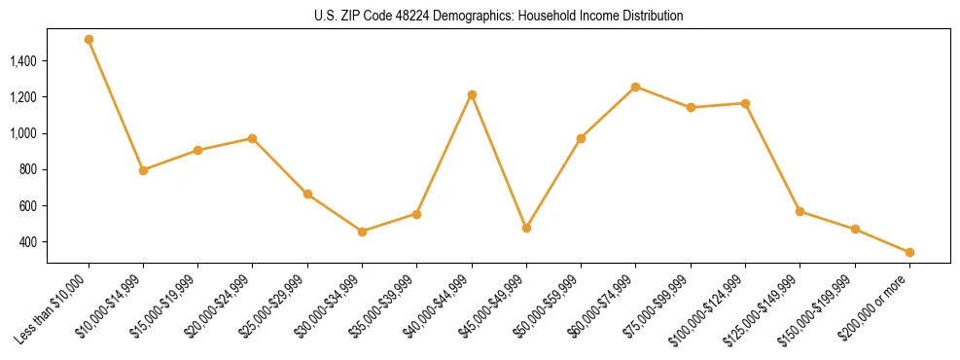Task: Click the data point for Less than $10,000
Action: [x=89, y=40]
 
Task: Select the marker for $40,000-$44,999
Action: [x=472, y=94]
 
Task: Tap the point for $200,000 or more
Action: [x=909, y=252]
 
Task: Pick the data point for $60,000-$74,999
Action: [x=635, y=87]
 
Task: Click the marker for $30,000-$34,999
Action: [x=362, y=232]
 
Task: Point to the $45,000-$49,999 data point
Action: [x=526, y=228]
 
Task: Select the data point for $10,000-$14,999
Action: [x=143, y=170]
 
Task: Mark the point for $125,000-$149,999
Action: [x=800, y=211]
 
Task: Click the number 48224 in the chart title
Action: [x=391, y=16]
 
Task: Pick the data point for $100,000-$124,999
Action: [x=745, y=103]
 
